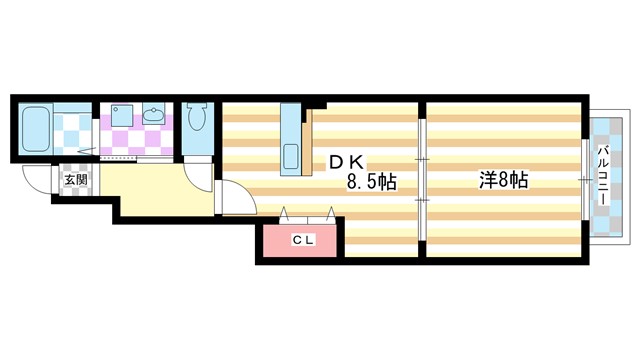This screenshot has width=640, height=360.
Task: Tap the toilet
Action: click(196, 118)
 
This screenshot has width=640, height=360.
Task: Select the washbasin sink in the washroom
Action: click(154, 116)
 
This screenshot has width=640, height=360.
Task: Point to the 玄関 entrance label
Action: click(76, 181)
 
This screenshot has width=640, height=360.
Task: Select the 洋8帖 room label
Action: click(503, 181)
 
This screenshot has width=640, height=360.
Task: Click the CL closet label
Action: click(302, 240)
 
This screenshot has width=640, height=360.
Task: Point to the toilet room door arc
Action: click(200, 168)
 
